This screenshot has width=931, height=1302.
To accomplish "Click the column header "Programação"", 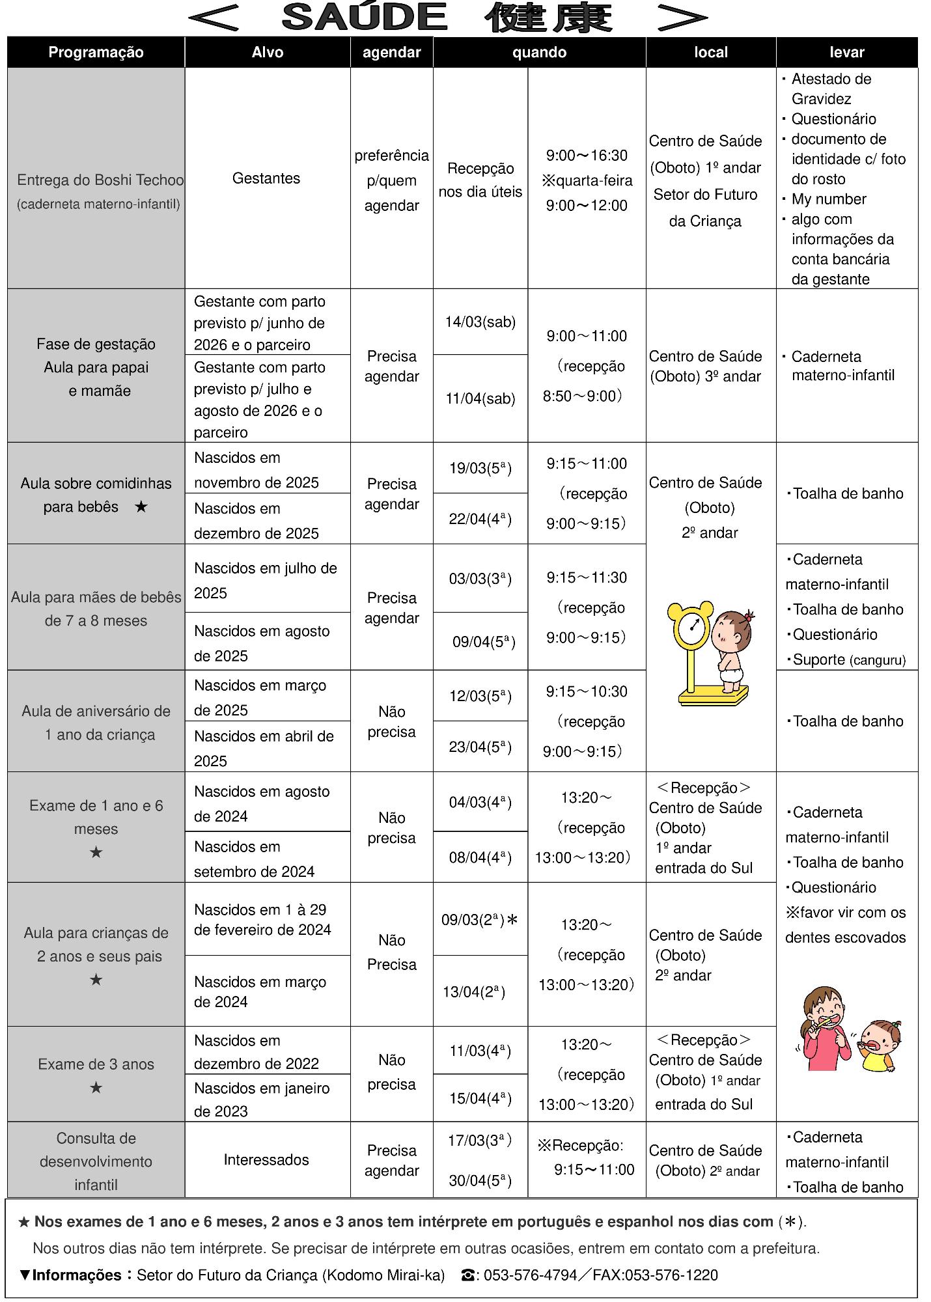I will pyautogui.click(x=96, y=53).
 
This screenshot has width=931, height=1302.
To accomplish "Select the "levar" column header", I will pyautogui.click(x=846, y=53).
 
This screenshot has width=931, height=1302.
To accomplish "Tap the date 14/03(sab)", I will pyautogui.click(x=480, y=322).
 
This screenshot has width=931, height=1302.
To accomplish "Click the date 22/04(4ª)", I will pyautogui.click(x=480, y=519).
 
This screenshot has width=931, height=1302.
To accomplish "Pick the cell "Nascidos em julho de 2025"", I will pyautogui.click(x=266, y=580).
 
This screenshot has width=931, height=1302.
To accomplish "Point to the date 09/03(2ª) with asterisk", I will pyautogui.click(x=480, y=920).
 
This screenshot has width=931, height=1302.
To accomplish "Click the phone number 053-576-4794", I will pyautogui.click(x=530, y=1275).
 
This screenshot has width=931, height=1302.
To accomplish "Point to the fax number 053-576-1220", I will pyautogui.click(x=671, y=1275).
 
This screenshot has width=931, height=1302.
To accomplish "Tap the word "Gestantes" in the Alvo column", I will pyautogui.click(x=266, y=178).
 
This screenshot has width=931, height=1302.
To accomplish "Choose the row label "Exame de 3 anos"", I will pyautogui.click(x=96, y=1064).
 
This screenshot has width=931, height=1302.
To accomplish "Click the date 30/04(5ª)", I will pyautogui.click(x=480, y=1180).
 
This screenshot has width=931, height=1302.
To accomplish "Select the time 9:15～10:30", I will pyautogui.click(x=586, y=692).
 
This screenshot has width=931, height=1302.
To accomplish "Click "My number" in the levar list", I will pyautogui.click(x=828, y=199).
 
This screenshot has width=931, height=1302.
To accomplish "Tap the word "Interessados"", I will pyautogui.click(x=266, y=1159).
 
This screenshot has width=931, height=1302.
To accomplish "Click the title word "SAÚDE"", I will pyautogui.click(x=365, y=18).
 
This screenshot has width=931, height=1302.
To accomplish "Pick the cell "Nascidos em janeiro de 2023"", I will pyautogui.click(x=262, y=1100).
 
